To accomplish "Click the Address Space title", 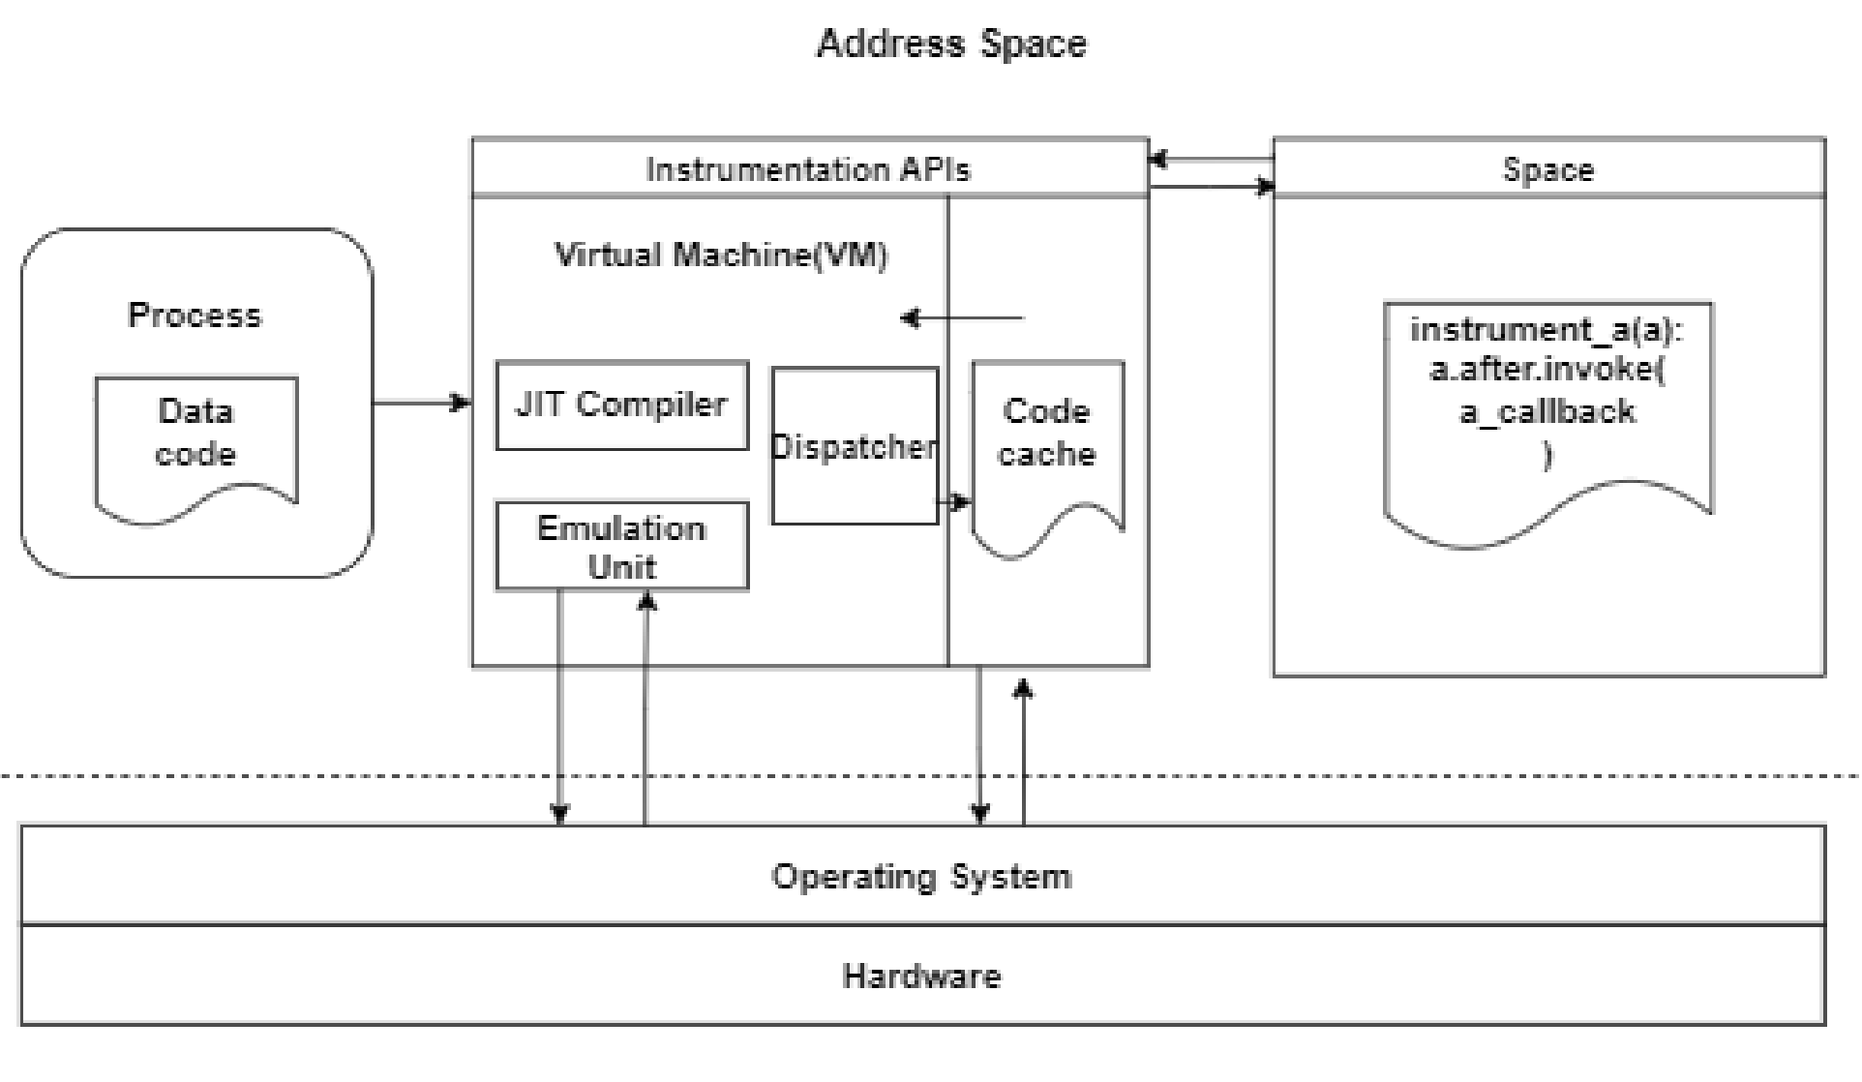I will pyautogui.click(x=951, y=44).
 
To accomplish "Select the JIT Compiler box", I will pyautogui.click(x=621, y=406).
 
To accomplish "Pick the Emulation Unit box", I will pyautogui.click(x=621, y=546).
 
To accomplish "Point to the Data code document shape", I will pyautogui.click(x=195, y=435).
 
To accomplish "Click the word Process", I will pyautogui.click(x=195, y=316).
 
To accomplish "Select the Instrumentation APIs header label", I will pyautogui.click(x=808, y=169).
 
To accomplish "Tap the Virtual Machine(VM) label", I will pyautogui.click(x=721, y=255).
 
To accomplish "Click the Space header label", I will pyautogui.click(x=1547, y=169).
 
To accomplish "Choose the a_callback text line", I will pyautogui.click(x=1547, y=412).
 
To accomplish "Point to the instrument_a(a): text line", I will pyautogui.click(x=1547, y=330).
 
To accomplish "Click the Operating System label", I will pyautogui.click(x=921, y=876).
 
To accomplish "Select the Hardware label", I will pyautogui.click(x=921, y=976).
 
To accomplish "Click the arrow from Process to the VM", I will pyautogui.click(x=422, y=403).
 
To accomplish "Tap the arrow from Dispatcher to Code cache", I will pyautogui.click(x=954, y=501).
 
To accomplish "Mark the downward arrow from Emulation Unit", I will pyautogui.click(x=559, y=706).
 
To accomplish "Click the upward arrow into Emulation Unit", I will pyautogui.click(x=646, y=706).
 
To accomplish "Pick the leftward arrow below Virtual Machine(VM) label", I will pyautogui.click(x=962, y=317).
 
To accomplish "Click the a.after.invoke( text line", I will pyautogui.click(x=1547, y=371).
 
